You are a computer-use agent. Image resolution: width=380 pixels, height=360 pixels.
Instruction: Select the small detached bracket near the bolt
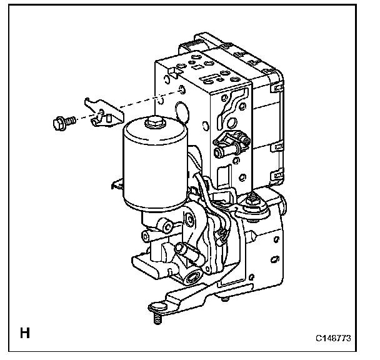point(100,111)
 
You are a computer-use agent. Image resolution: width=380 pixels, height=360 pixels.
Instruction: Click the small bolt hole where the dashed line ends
point(181,90)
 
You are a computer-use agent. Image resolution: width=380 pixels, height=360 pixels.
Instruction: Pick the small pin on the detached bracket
point(108,116)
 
